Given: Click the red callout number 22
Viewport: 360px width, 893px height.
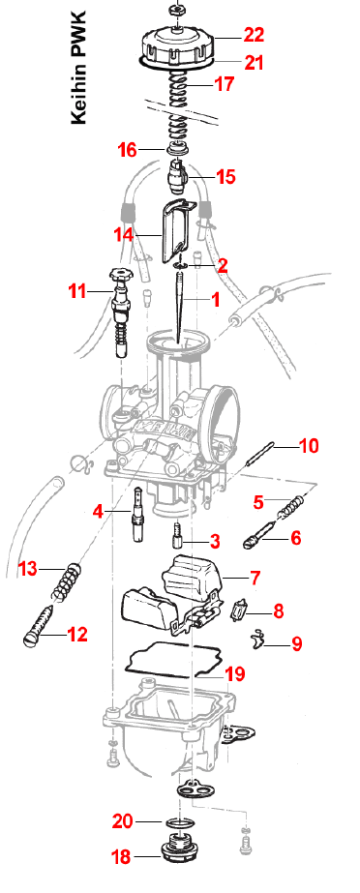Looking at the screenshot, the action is click(255, 35).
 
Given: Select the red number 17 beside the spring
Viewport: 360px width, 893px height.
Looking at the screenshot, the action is click(225, 84).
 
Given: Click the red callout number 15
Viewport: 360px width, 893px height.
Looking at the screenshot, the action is click(226, 176).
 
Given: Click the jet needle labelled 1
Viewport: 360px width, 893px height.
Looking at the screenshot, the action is click(180, 308).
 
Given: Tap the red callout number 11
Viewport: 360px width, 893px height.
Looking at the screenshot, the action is click(77, 291).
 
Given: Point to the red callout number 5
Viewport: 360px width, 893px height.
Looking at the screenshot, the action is click(259, 502).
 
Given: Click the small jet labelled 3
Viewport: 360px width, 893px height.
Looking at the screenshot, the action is click(176, 536).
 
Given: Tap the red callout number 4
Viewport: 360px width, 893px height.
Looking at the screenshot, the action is click(99, 512).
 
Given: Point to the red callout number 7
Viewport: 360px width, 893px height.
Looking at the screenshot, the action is click(255, 578).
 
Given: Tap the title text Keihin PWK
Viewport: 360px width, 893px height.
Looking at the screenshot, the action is click(78, 67).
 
